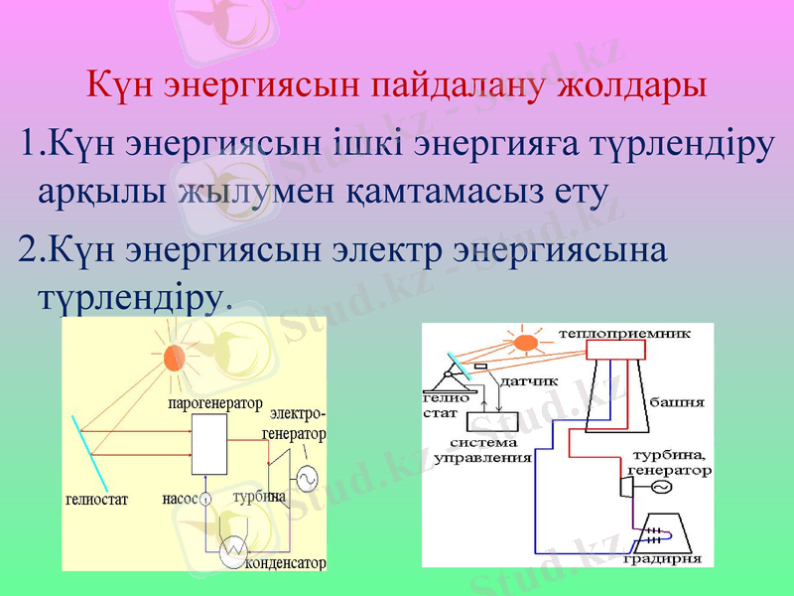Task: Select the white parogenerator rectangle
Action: click(x=210, y=445)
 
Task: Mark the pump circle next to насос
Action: click(x=205, y=499)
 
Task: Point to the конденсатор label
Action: click(x=285, y=562)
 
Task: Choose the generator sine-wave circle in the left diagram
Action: click(x=305, y=481)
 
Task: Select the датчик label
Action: click(x=528, y=381)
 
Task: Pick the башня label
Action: click(x=679, y=402)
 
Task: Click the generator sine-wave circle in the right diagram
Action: click(x=654, y=488)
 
